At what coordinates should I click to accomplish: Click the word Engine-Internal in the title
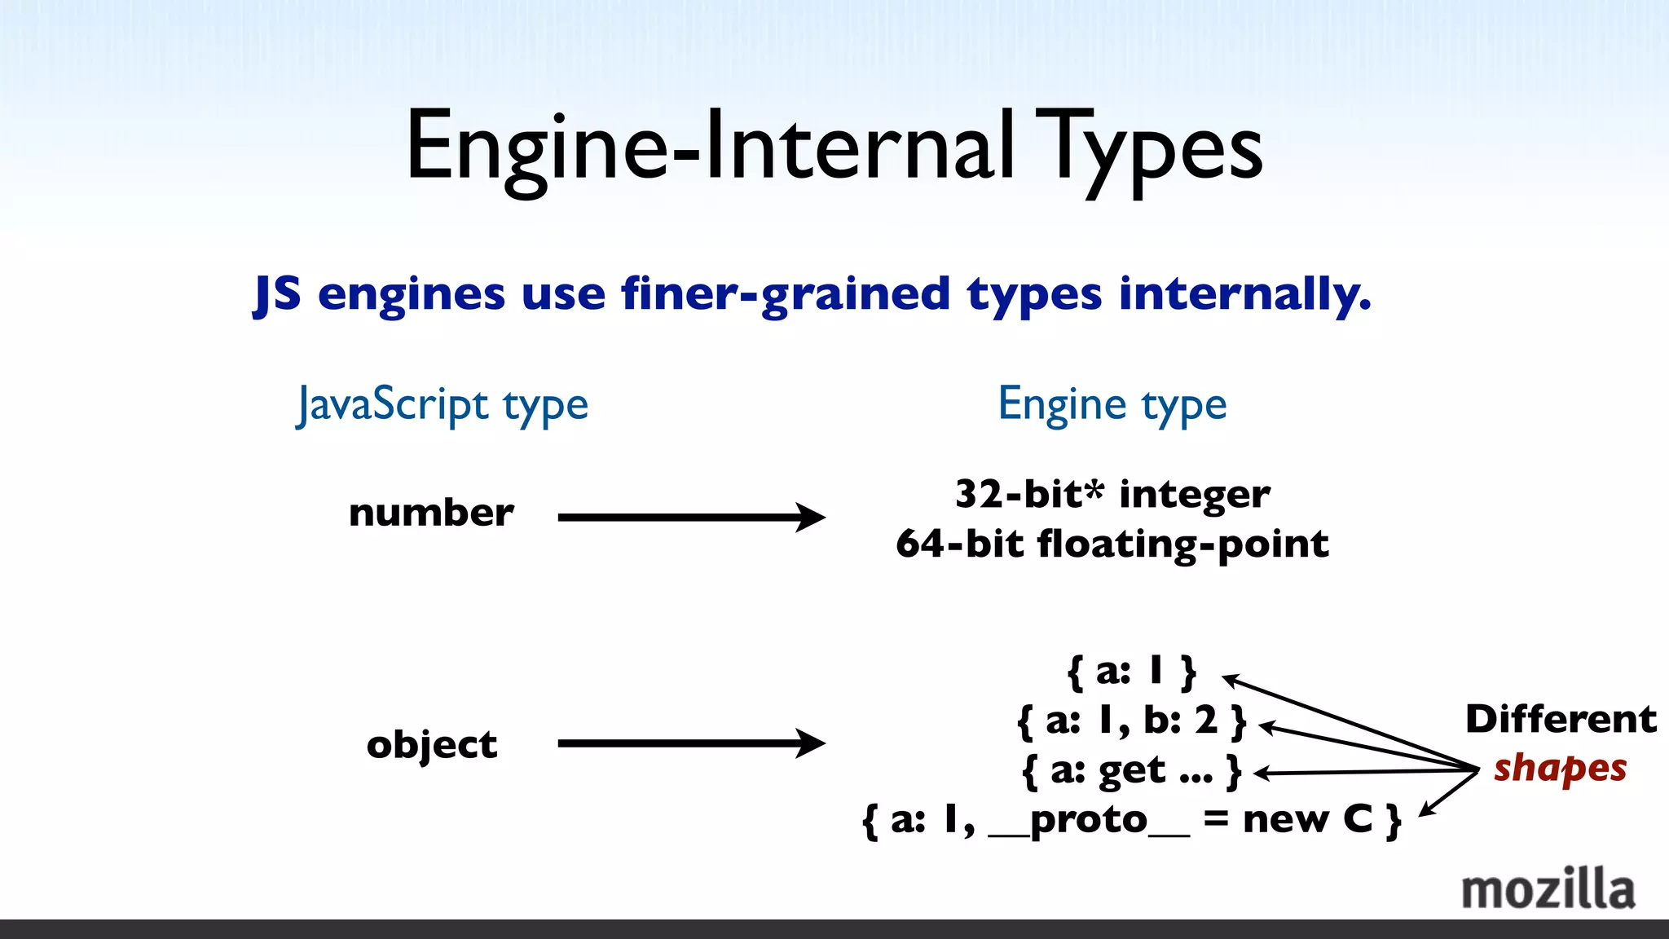[709, 147]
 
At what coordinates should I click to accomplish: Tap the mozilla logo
[1548, 889]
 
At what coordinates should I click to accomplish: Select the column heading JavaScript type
[443, 405]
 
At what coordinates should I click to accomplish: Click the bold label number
[431, 513]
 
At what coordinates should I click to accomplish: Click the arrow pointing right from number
[691, 517]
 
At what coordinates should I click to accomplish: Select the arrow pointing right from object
[691, 743]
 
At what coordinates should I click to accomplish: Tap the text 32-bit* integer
[1112, 494]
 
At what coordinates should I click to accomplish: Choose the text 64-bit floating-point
[1112, 544]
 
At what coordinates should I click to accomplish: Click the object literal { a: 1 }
[1132, 672]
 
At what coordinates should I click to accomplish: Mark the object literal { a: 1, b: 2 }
[1132, 721]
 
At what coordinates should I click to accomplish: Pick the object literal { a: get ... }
[1132, 770]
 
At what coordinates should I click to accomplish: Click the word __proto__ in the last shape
[1089, 820]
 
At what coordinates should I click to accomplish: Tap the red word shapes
[1560, 769]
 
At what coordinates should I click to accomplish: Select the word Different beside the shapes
[1561, 719]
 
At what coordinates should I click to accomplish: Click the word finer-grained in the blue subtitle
[786, 293]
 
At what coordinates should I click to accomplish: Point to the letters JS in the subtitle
[277, 293]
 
